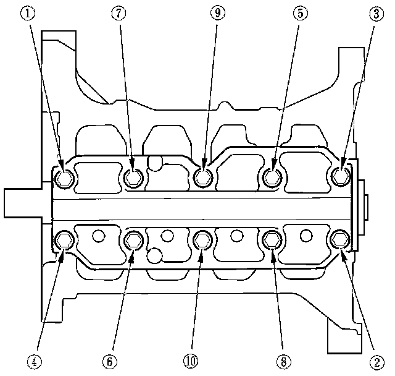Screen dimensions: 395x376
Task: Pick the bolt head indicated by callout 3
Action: tap(340, 177)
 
